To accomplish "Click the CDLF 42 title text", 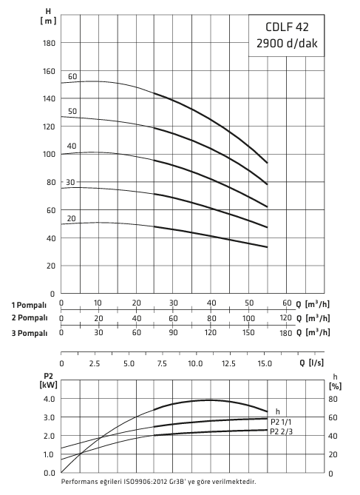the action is click(x=287, y=27).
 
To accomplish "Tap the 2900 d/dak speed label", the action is click(x=287, y=43).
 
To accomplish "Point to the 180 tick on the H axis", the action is click(x=49, y=43).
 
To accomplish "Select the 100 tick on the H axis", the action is click(x=49, y=155).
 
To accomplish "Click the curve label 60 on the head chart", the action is click(x=72, y=77).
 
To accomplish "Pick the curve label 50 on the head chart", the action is click(x=72, y=112).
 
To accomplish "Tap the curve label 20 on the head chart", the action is click(x=71, y=219).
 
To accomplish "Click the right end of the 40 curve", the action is click(x=268, y=206).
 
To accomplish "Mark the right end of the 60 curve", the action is click(x=268, y=163).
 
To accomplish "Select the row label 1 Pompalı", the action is click(x=29, y=306).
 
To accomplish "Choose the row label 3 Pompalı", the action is click(x=30, y=334).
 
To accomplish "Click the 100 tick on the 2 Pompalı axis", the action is click(x=248, y=318).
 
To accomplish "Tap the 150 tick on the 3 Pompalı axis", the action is click(x=248, y=332).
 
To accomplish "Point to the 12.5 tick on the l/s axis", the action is click(x=228, y=364).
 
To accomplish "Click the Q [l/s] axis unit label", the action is click(x=311, y=363).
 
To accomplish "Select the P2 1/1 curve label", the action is click(x=281, y=422).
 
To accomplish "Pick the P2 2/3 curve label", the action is click(x=282, y=431).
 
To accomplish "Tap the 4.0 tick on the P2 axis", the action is click(x=50, y=399).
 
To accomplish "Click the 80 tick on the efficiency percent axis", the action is click(x=333, y=399).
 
